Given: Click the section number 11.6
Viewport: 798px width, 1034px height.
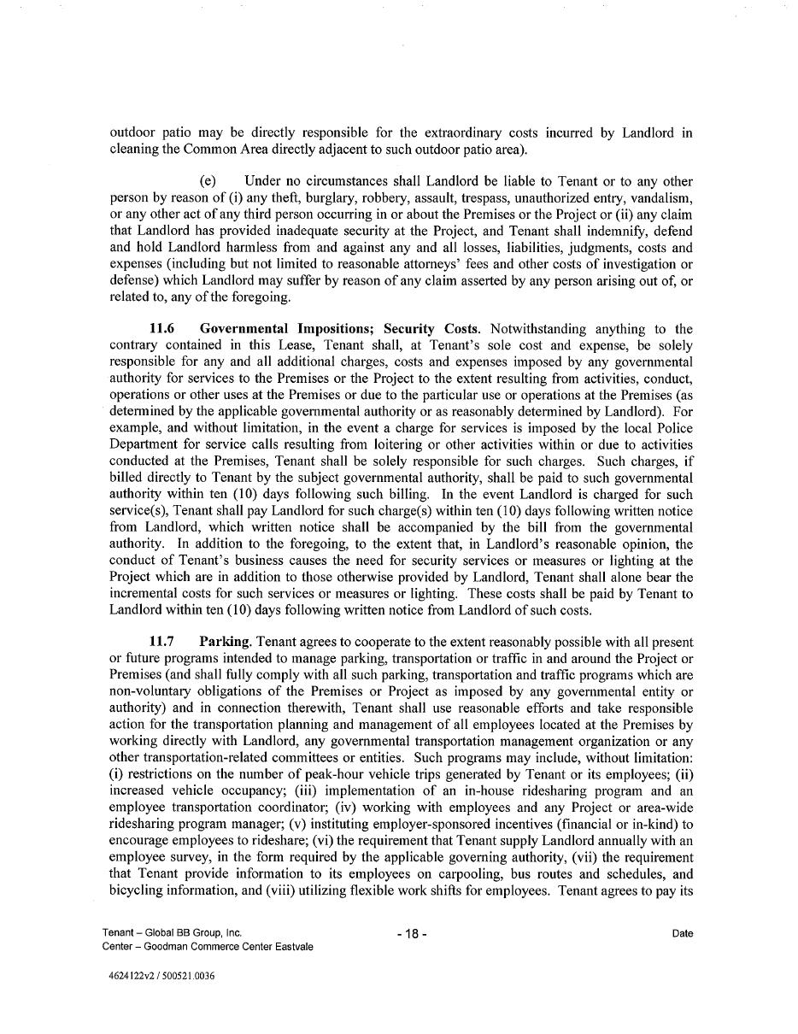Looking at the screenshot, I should pyautogui.click(x=163, y=329).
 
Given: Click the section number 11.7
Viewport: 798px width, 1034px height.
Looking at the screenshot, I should pyautogui.click(x=163, y=642).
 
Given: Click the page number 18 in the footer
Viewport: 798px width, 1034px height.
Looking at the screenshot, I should pyautogui.click(x=412, y=934).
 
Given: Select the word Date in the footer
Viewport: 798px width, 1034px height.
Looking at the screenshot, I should pyautogui.click(x=682, y=934).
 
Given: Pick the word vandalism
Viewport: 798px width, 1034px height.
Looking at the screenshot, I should pyautogui.click(x=662, y=197).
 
